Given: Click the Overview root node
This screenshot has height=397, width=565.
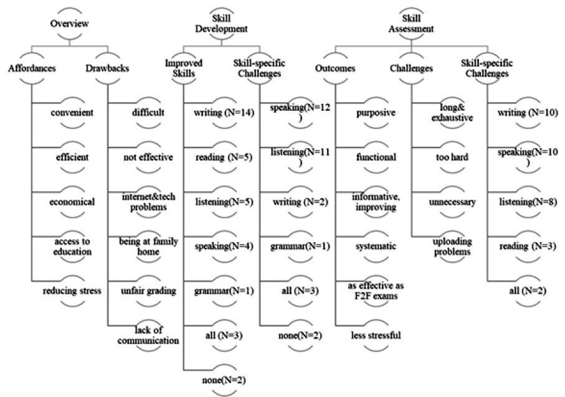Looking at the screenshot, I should (69, 24).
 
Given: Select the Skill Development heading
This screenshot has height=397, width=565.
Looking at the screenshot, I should (222, 24).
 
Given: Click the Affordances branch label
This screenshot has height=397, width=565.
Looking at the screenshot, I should (31, 68).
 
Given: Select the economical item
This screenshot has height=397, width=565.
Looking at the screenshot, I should (72, 202).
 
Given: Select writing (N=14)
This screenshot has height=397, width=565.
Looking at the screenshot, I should (223, 113).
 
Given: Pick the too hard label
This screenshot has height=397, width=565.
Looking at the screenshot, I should (452, 157).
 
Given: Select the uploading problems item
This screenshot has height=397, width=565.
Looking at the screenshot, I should (452, 246).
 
